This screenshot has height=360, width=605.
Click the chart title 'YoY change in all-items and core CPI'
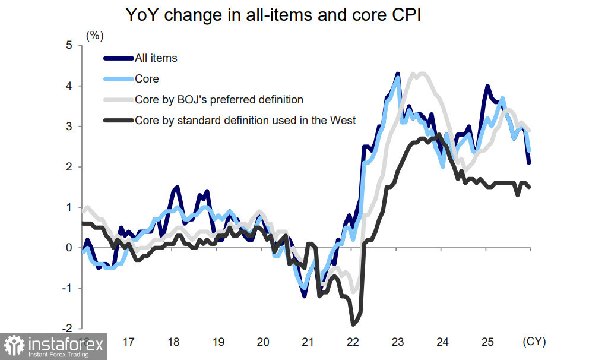click(x=273, y=16)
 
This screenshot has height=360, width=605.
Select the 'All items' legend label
click(x=156, y=58)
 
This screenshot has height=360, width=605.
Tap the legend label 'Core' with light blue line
click(x=147, y=78)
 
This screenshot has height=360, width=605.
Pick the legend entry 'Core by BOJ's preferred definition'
click(x=219, y=99)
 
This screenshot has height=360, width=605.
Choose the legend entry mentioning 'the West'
click(x=245, y=120)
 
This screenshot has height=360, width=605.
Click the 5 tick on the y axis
click(x=69, y=45)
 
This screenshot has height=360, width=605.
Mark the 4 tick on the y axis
click(x=69, y=86)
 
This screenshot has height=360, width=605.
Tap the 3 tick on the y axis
click(x=69, y=126)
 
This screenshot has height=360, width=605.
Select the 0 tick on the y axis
click(x=69, y=248)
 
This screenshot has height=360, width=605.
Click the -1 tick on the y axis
click(x=67, y=288)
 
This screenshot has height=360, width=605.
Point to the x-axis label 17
click(x=128, y=342)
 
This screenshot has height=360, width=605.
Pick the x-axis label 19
click(x=218, y=342)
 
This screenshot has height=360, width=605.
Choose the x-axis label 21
click(x=308, y=342)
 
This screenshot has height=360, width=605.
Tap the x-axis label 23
click(x=397, y=342)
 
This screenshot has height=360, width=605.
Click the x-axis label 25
click(x=487, y=342)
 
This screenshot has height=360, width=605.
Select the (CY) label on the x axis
click(x=533, y=342)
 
